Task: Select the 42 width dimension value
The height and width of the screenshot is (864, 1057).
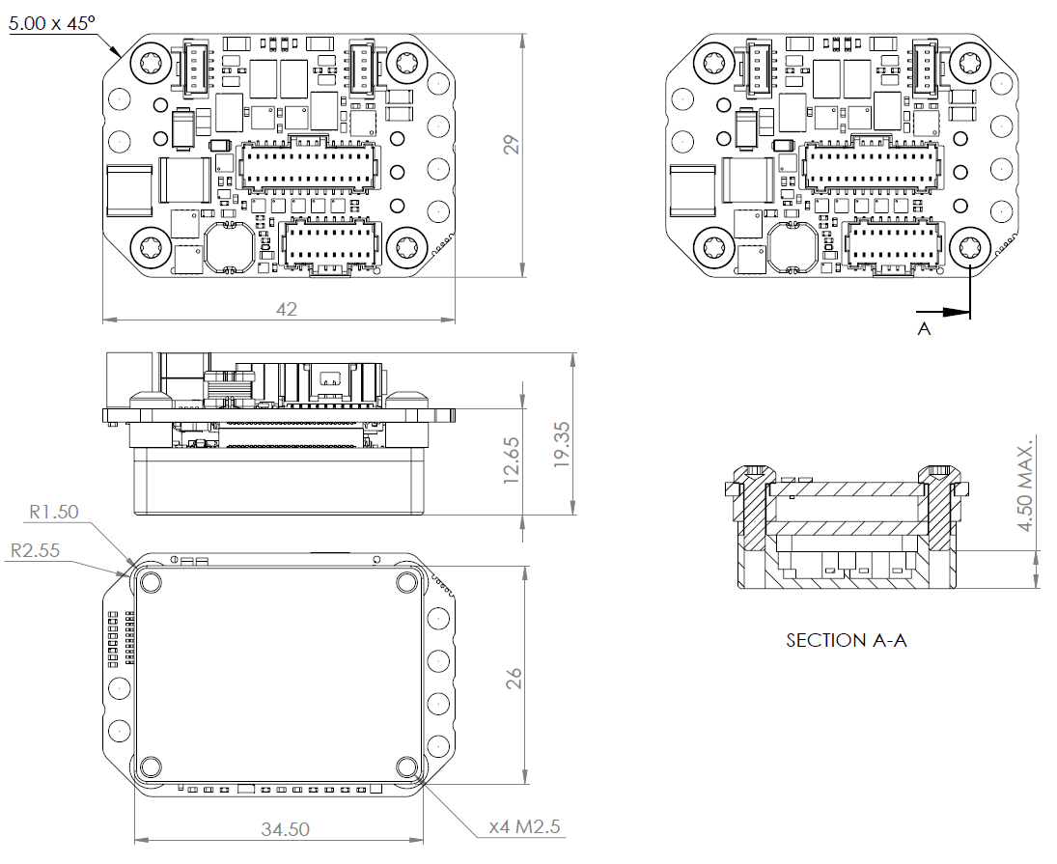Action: [287, 309]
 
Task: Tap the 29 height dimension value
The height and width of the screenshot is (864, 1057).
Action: [513, 145]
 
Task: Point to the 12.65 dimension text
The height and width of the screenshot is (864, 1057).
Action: [513, 459]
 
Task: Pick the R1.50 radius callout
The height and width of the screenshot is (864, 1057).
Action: [53, 512]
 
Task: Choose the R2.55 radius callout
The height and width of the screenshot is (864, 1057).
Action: [36, 550]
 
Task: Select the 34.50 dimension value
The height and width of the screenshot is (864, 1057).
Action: [286, 829]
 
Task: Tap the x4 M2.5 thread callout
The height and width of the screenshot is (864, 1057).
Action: [524, 827]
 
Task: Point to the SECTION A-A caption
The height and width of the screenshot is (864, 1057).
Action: [847, 640]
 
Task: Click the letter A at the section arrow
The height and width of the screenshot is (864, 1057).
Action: [924, 329]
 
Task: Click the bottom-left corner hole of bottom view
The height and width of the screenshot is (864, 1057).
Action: [150, 767]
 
